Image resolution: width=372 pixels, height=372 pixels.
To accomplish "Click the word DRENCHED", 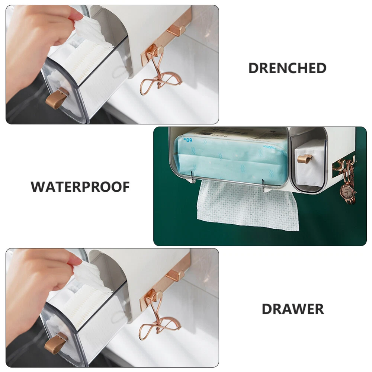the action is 287,68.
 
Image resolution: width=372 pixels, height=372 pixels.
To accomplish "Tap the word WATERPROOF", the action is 80,187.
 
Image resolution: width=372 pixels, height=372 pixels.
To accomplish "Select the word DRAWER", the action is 293,309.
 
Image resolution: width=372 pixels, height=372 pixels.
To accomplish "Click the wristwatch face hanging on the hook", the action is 347,190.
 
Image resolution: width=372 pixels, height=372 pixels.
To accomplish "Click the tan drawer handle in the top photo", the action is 57,98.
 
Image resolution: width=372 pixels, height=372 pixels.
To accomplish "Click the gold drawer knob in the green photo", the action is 305,159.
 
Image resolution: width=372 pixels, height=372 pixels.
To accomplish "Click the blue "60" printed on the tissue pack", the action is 189,140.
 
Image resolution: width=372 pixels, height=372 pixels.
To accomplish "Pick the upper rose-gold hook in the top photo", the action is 176,31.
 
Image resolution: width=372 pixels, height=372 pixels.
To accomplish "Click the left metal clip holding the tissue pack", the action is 193,177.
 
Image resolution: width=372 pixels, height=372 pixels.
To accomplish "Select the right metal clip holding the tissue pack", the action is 264,185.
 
